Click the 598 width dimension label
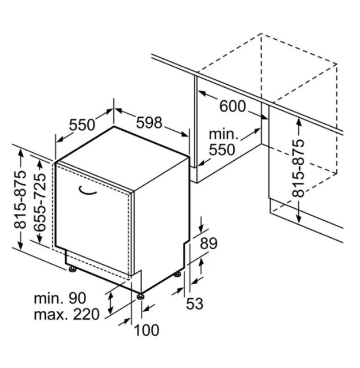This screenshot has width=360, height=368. point(149,122)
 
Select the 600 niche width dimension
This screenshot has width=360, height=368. point(232,106)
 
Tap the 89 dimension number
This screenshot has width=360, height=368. point(208,243)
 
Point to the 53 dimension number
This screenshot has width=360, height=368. point(195,303)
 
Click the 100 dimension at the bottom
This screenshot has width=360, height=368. point(147,330)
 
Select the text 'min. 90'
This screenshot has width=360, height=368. point(60,298)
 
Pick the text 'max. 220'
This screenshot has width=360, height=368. point(67,314)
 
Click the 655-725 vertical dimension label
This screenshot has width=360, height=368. point(40,202)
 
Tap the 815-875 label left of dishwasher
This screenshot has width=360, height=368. point(20,200)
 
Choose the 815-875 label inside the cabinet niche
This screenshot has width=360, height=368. point(298,168)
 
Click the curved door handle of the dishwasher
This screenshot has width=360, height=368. point(87,190)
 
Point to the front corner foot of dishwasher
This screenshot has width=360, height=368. point(141,297)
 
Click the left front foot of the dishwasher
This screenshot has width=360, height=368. point(72,269)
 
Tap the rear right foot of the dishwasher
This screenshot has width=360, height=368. point(177,274)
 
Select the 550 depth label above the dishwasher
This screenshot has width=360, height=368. point(82,125)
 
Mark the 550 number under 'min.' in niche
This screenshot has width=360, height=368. point(222,149)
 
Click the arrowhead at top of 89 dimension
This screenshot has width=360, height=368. point(202,228)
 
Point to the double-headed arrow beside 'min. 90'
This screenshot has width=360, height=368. point(110,303)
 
